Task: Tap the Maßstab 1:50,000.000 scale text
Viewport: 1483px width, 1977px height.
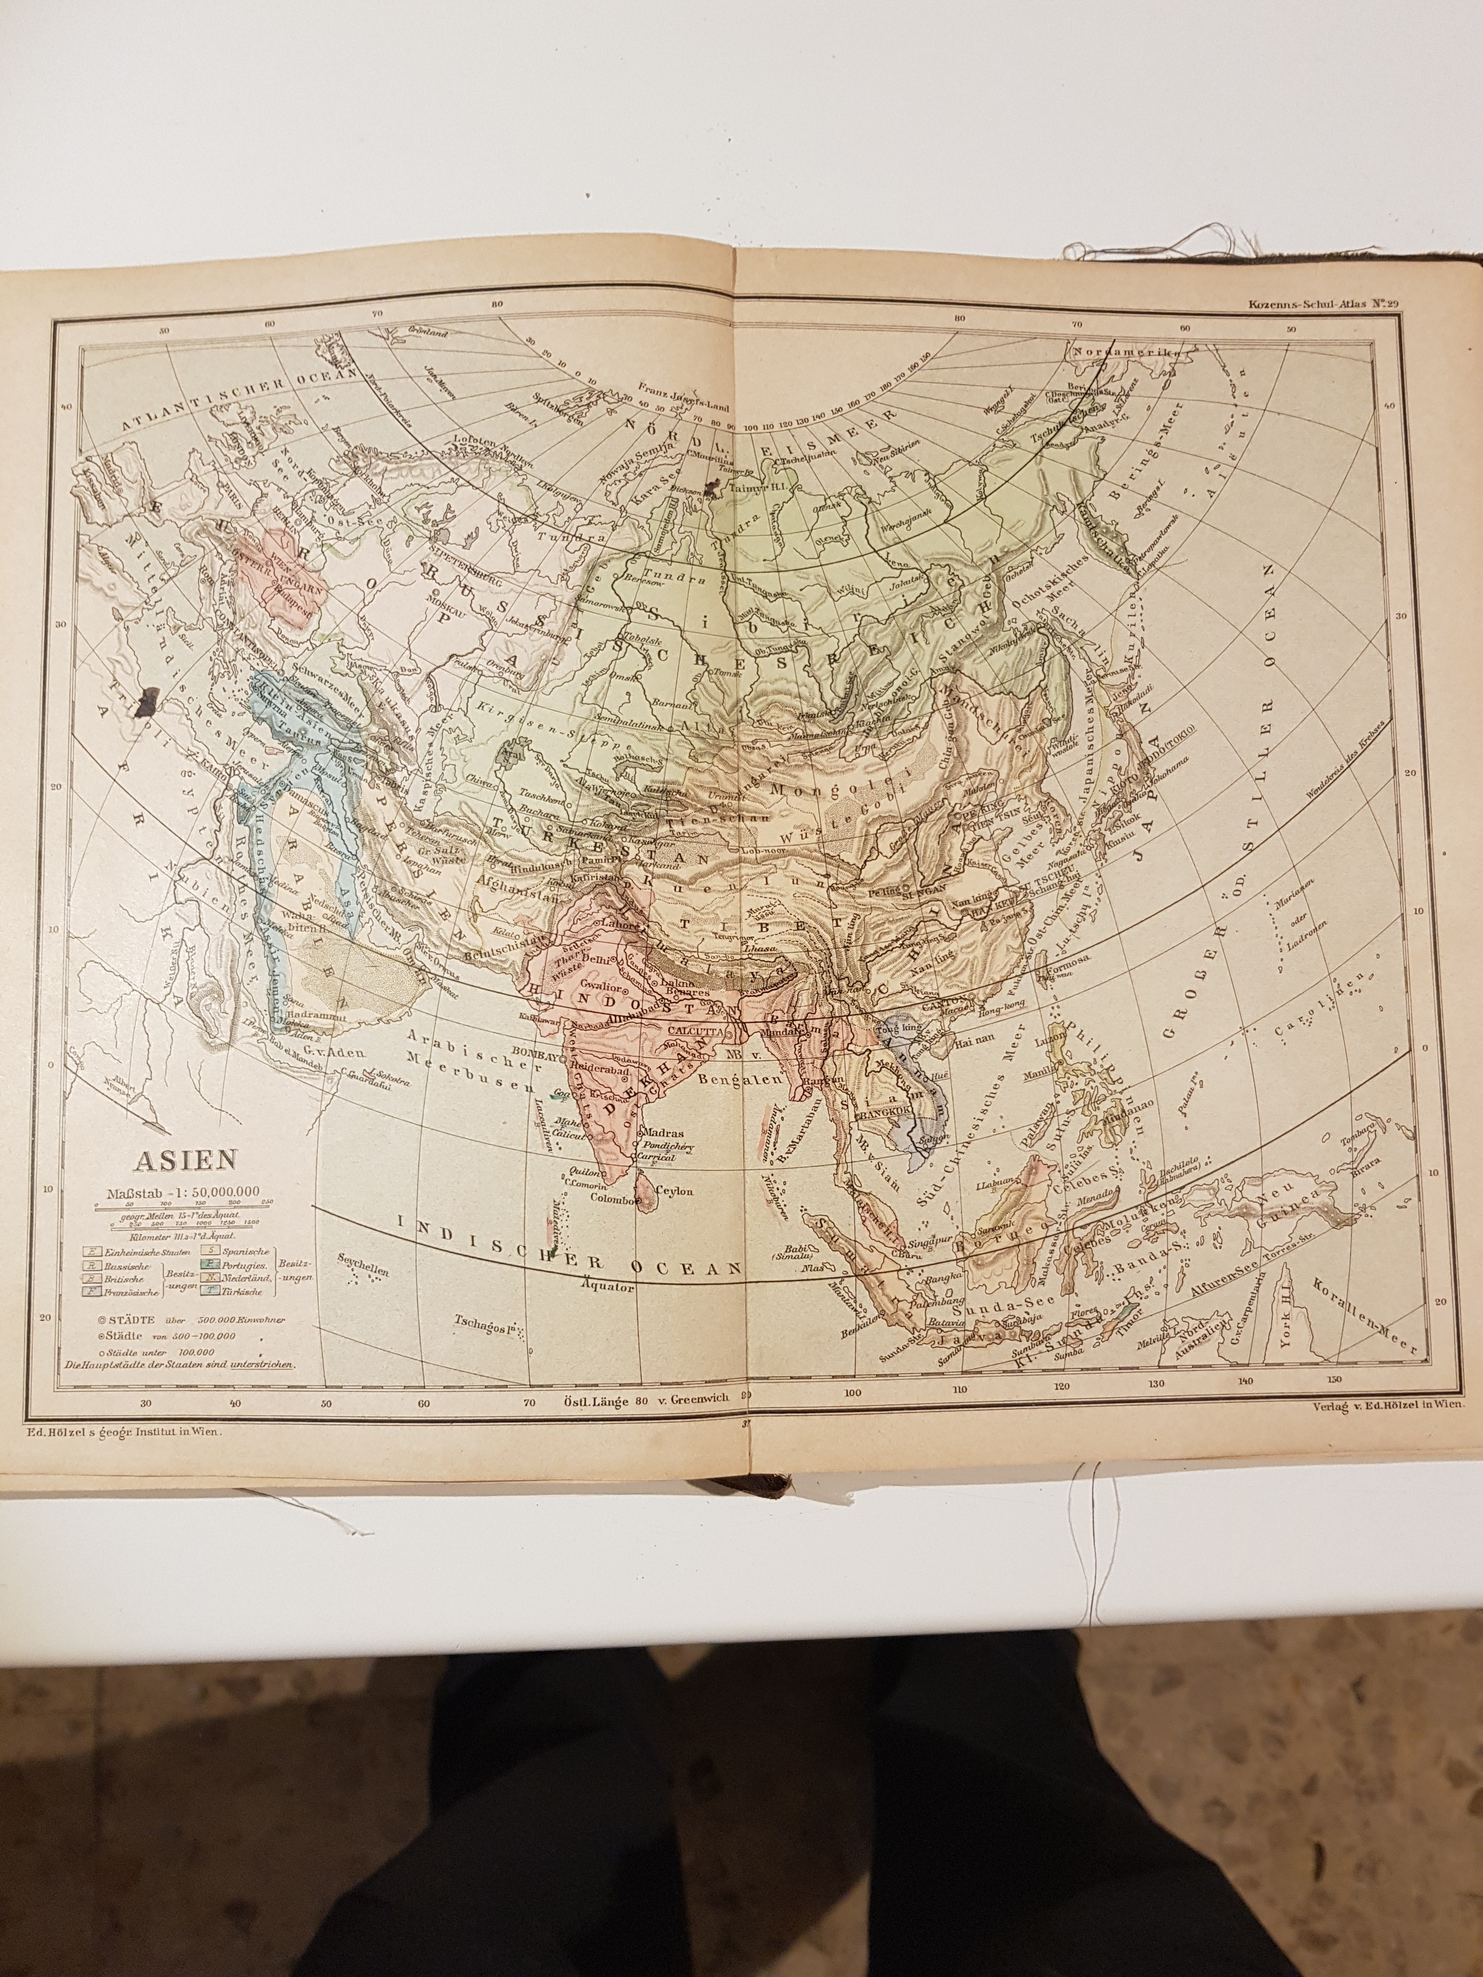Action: pyautogui.click(x=184, y=1191)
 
